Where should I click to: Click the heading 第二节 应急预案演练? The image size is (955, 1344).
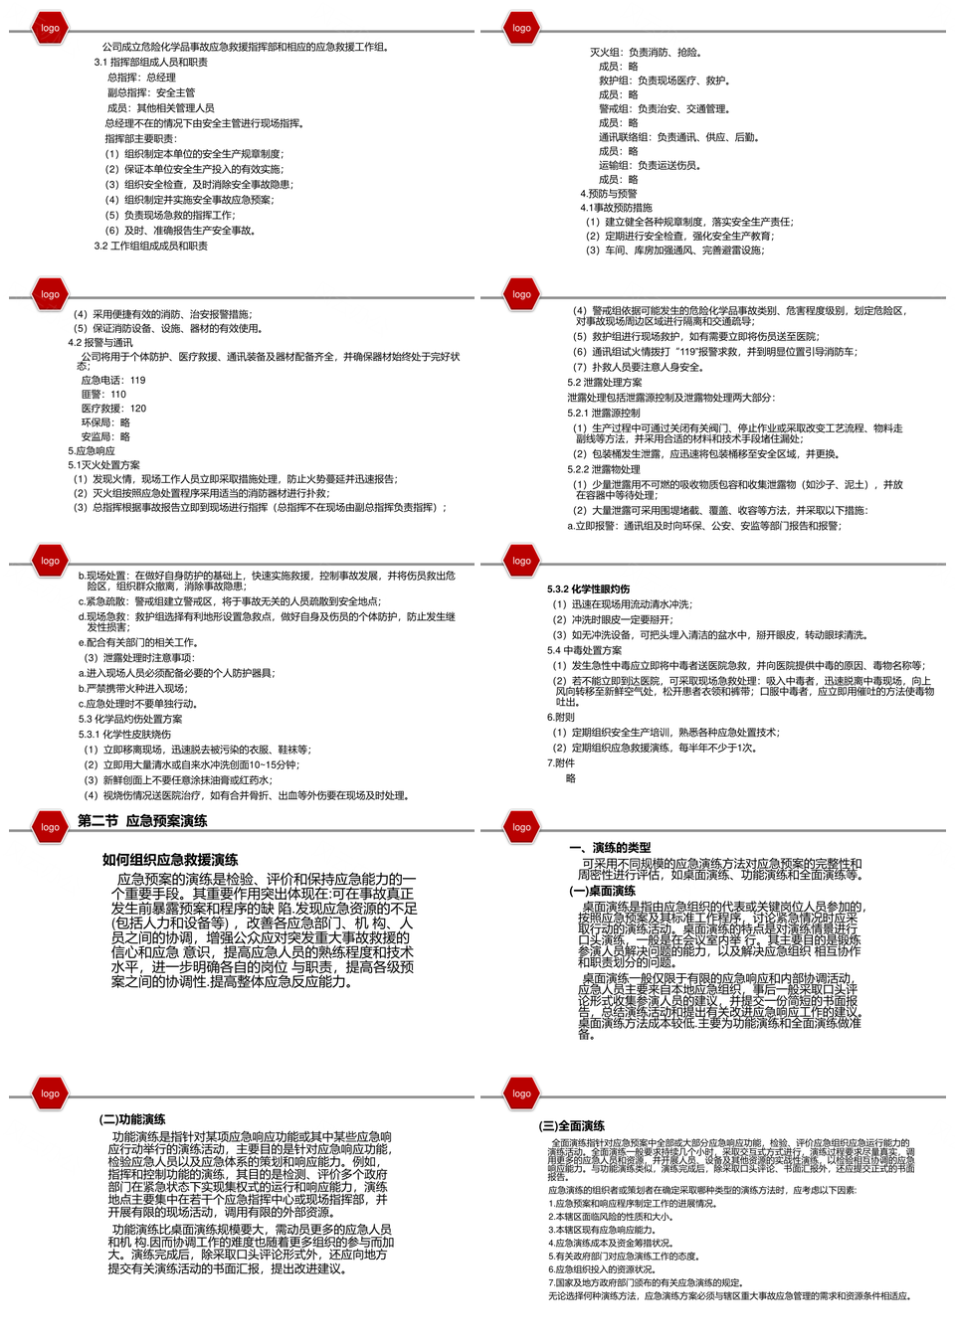(x=142, y=821)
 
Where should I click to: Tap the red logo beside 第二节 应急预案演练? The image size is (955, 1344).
(x=50, y=827)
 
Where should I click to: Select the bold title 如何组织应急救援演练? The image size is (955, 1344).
(x=170, y=860)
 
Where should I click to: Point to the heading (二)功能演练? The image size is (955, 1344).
(x=132, y=1119)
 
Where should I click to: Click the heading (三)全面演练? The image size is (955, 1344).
(x=572, y=1126)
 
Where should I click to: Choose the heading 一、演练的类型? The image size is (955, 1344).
(x=610, y=848)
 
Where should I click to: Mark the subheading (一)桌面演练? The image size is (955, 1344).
(x=602, y=891)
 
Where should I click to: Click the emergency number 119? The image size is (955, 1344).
(x=137, y=380)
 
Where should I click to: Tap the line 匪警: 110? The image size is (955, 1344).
(x=103, y=394)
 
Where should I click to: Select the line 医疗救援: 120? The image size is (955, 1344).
(x=113, y=408)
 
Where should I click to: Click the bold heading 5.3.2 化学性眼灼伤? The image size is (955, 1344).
(x=588, y=589)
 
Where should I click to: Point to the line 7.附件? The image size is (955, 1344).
(x=560, y=763)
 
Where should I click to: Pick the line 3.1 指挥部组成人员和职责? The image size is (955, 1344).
(x=151, y=63)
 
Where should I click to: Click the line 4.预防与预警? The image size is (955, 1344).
(x=609, y=194)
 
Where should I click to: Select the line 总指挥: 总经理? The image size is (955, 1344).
(x=141, y=78)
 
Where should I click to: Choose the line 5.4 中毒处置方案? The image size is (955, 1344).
(x=584, y=650)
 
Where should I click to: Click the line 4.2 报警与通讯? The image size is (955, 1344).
(x=99, y=343)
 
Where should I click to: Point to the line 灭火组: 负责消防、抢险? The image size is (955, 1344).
(x=646, y=53)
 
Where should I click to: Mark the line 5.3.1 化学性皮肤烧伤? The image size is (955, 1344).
(x=124, y=735)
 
